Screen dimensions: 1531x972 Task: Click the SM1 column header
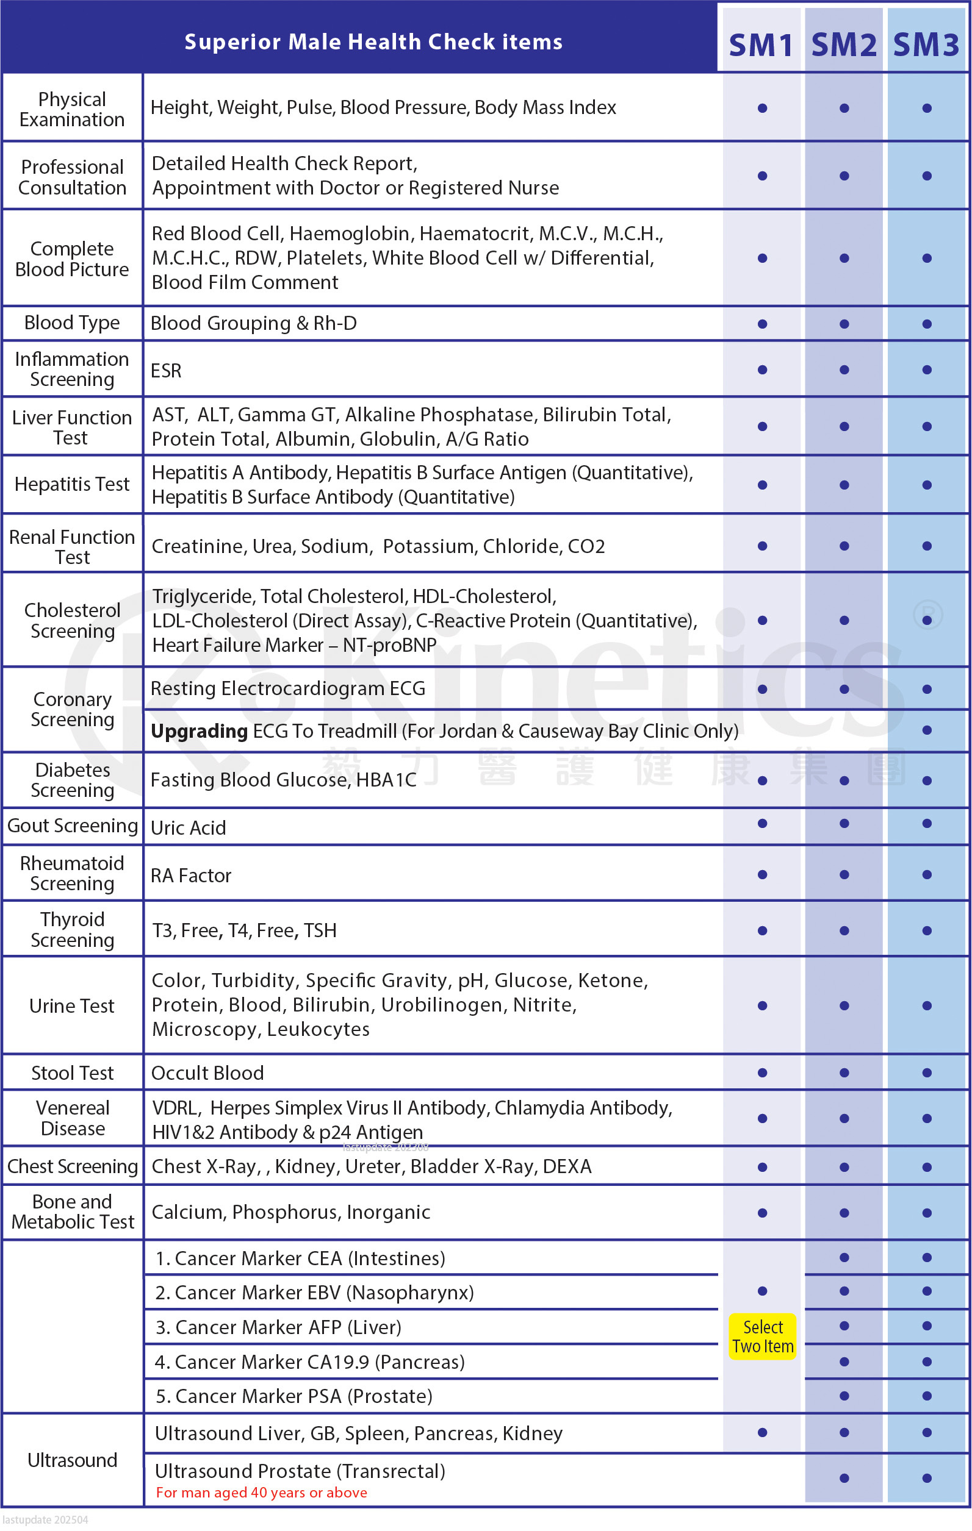coord(761,45)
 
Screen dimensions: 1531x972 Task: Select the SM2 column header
coord(843,45)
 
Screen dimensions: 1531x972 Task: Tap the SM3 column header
coord(926,45)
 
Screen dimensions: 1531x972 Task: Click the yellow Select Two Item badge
coord(763,1337)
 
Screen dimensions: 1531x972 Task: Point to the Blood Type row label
coord(72,323)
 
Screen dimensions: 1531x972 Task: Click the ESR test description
coord(166,371)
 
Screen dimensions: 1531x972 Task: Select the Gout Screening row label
coord(73,826)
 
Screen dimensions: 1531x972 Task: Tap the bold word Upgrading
coord(199,731)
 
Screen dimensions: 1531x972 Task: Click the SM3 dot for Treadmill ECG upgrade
coord(927,730)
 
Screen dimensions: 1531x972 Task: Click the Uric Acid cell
coord(189,828)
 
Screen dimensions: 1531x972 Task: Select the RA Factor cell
coord(191,876)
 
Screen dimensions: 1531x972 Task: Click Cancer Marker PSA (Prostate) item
coord(294,1396)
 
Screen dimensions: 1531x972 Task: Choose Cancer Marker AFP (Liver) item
coord(279,1327)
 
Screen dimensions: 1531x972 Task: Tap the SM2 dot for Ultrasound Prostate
coord(844,1478)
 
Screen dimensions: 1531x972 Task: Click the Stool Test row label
coord(73,1073)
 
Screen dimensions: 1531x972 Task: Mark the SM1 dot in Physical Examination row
coord(762,109)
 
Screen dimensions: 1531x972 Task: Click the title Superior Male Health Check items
coord(373,42)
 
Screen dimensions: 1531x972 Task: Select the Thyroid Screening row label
coord(73,930)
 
